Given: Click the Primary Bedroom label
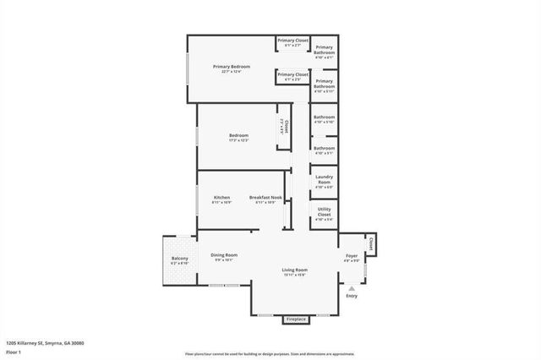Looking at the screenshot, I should click(x=228, y=67).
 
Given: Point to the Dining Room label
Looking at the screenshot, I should click(x=224, y=255).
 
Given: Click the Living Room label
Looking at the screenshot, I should click(x=294, y=270).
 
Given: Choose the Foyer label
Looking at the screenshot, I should click(x=352, y=255).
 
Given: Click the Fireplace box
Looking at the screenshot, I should click(x=295, y=319).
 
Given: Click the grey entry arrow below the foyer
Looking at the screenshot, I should click(x=352, y=287).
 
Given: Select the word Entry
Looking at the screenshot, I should click(x=352, y=296).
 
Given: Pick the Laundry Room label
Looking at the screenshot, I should click(x=324, y=180).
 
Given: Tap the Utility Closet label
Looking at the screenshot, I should click(x=324, y=212).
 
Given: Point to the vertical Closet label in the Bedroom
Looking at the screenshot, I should click(x=286, y=126).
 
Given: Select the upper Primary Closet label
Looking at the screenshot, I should click(x=292, y=41).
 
